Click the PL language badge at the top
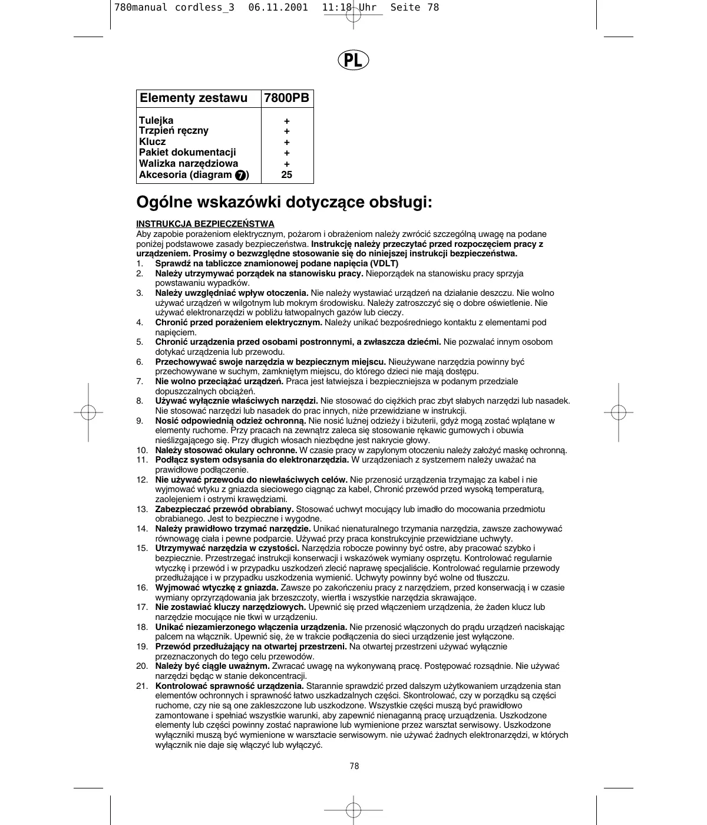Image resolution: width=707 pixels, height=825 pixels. pos(353,60)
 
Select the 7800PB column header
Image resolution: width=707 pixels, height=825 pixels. pos(287,98)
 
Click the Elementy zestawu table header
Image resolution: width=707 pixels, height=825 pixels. pos(194,98)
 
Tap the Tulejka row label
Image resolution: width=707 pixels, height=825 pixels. pos(156,120)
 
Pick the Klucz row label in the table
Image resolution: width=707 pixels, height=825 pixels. pos(153,141)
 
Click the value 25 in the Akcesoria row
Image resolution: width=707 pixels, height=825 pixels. pos(287,174)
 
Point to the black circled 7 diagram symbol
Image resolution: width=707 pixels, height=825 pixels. pos(240,175)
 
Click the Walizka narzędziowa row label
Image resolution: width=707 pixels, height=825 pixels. pos(189,163)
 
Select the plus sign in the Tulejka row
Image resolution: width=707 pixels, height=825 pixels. pos(287,121)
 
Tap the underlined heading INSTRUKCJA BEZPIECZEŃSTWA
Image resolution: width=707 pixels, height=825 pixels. pos(205,224)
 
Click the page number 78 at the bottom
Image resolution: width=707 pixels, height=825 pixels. pos(353,766)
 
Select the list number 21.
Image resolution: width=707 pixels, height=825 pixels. pos(141,686)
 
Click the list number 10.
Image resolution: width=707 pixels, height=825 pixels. pos(141,450)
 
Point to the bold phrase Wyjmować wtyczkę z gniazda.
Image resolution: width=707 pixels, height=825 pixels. pos(217,588)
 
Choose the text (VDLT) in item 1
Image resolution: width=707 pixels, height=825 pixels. pos(384,263)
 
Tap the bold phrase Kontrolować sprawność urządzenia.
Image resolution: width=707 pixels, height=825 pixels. pos(230,686)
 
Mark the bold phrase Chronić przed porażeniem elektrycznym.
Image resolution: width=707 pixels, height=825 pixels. pos(239,322)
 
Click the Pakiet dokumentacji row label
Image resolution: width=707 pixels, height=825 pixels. pos(187,152)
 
